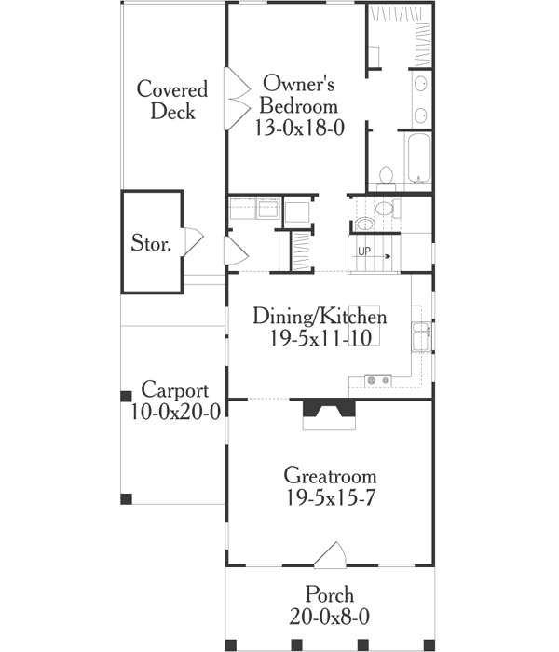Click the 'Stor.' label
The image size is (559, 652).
pos(151,245)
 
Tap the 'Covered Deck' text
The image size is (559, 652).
pos(172,100)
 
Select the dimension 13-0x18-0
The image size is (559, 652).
pos(300,129)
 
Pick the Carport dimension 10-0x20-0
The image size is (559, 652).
pos(175,413)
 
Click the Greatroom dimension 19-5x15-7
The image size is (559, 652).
pos(319,496)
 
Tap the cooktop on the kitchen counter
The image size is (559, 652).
pos(377,380)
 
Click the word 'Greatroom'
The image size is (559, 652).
pos(319,474)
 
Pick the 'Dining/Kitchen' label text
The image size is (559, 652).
pos(319,317)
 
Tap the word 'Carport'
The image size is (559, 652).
pos(175,390)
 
